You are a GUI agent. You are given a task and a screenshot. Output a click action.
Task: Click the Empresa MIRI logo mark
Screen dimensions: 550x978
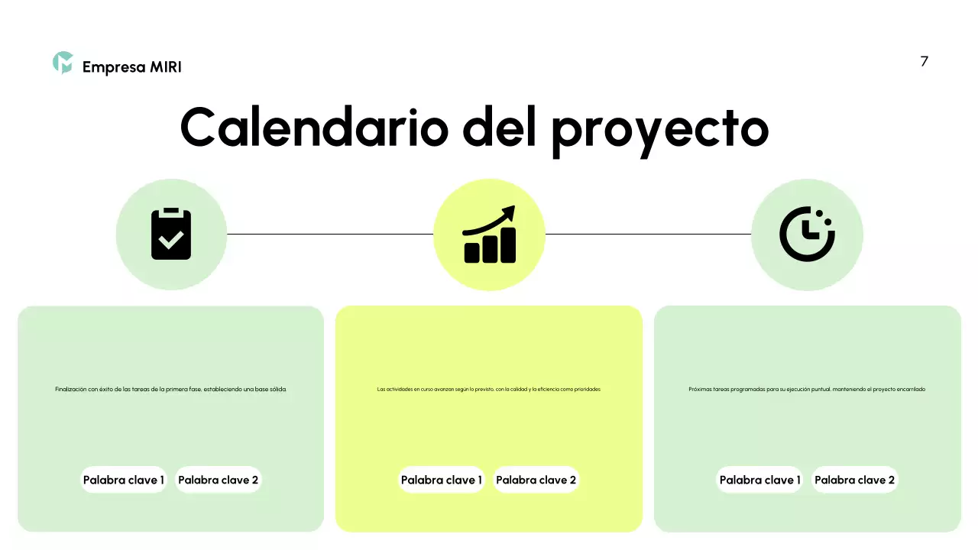63,63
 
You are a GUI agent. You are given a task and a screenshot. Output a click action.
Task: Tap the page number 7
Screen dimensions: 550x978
924,62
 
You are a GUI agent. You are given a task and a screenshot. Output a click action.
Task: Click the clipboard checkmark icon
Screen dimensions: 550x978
171,234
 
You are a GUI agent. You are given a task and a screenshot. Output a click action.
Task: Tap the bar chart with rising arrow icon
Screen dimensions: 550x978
489,235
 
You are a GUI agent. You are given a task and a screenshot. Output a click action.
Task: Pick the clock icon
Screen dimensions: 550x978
806,234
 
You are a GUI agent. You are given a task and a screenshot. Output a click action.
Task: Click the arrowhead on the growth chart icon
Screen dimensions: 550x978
507,212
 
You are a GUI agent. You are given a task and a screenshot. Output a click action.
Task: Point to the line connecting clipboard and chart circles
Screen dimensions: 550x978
329,234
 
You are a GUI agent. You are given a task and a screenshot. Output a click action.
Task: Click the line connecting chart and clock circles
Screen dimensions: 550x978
648,234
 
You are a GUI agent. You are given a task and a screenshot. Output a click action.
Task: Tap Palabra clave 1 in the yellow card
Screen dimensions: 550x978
441,480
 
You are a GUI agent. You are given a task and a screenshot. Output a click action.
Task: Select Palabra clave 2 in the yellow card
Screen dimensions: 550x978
536,480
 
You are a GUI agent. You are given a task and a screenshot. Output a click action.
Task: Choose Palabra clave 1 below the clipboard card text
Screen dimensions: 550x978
124,480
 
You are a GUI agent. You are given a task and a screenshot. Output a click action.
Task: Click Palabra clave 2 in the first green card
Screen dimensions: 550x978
218,480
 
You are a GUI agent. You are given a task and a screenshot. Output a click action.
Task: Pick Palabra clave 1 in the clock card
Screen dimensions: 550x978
759,480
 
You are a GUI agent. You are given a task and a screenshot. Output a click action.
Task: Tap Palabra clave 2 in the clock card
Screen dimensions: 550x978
854,480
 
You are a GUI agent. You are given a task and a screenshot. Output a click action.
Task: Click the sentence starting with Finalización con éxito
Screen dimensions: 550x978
170,389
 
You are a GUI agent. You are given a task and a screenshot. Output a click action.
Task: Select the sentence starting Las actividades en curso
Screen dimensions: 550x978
489,389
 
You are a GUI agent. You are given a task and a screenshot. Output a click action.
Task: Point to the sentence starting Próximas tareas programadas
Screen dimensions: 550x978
807,389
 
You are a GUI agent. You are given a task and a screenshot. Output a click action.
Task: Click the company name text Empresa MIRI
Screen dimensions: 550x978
131,67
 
